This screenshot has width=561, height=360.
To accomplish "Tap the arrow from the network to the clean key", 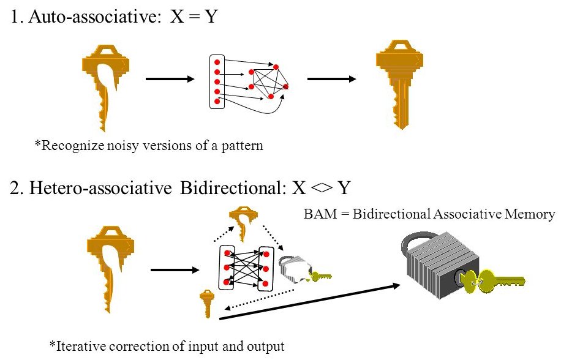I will (x=331, y=79).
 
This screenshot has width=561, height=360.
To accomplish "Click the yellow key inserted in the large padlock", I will (x=496, y=282).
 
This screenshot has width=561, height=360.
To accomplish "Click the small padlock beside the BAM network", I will (x=295, y=269).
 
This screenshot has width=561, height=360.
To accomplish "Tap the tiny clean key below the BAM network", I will (x=207, y=303).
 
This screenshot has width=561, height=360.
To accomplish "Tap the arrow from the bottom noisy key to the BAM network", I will (x=175, y=270).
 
